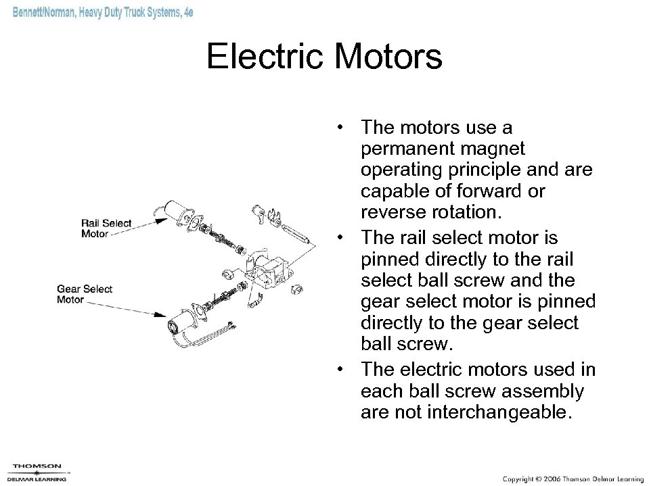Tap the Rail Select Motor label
coord(106,228)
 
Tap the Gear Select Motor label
coord(85,294)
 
